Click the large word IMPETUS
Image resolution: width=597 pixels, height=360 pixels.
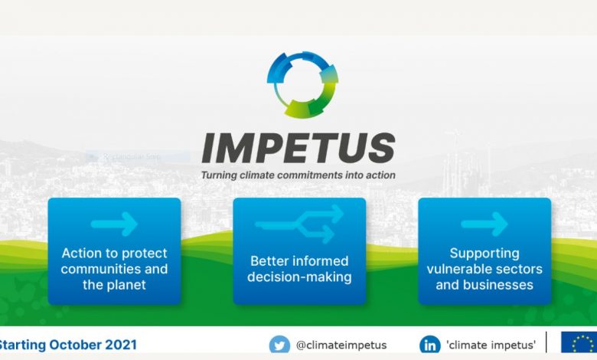click(298, 149)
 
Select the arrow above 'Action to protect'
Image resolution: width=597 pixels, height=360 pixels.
click(114, 224)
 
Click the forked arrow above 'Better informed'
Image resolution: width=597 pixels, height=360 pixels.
click(299, 224)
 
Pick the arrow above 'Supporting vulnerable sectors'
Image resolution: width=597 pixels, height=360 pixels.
click(484, 224)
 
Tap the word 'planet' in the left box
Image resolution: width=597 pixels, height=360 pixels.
click(125, 285)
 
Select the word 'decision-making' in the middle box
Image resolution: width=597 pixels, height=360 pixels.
click(299, 277)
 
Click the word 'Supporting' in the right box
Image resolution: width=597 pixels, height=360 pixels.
click(484, 254)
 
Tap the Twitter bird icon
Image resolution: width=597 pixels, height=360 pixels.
click(279, 345)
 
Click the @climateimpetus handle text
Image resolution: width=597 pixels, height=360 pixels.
click(341, 345)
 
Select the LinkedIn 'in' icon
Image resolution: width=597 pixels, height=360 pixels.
click(430, 345)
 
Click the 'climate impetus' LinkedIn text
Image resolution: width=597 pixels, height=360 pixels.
click(491, 345)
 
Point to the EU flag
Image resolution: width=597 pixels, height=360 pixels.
click(579, 342)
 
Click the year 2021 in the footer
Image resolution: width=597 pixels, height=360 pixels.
click(121, 345)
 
